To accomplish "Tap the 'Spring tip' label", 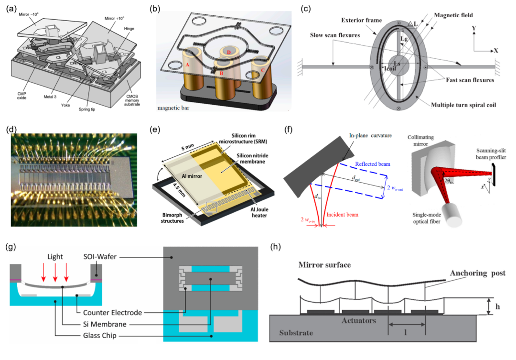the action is tap(87, 109).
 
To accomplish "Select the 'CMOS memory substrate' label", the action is tap(132, 100).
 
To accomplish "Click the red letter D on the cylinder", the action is tap(228, 53).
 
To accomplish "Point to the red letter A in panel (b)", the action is tap(187, 65).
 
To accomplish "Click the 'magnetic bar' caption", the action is tap(173, 108).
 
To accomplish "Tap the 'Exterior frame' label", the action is tap(361, 20).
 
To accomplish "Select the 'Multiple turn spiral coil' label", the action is tap(463, 105).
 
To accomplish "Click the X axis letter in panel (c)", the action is tap(495, 51).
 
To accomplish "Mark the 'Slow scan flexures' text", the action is tap(334, 35).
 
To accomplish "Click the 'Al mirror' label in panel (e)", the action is tap(192, 176).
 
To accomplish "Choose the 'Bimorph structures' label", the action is tap(172, 218).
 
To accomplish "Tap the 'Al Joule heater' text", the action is tap(259, 212).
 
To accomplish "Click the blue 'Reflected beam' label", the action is tap(373, 164).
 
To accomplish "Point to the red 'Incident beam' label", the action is tap(342, 214).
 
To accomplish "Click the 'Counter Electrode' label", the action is tap(112, 313).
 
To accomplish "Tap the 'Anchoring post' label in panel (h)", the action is tap(477, 273).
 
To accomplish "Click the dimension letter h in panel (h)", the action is tap(497, 306).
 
